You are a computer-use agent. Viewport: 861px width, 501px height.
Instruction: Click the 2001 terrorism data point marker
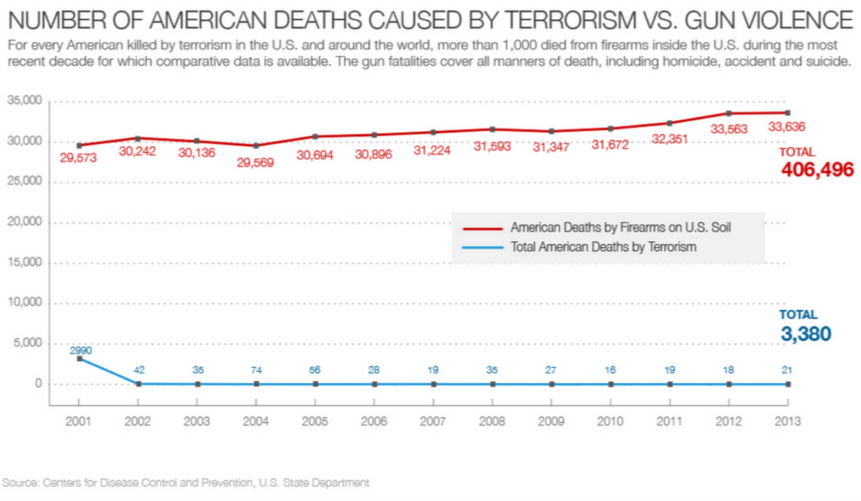pyautogui.click(x=80, y=359)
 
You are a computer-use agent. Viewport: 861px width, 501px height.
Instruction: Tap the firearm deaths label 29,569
pyautogui.click(x=255, y=163)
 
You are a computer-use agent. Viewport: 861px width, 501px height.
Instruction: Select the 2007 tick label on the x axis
pyautogui.click(x=433, y=421)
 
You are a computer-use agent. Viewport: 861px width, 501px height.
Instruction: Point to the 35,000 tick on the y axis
pyautogui.click(x=24, y=100)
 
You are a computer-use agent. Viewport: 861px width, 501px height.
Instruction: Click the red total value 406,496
pyautogui.click(x=817, y=169)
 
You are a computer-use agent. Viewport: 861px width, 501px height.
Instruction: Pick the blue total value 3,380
pyautogui.click(x=805, y=333)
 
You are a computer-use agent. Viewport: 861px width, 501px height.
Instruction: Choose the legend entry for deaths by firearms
pyautogui.click(x=596, y=227)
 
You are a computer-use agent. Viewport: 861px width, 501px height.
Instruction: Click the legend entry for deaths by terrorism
pyautogui.click(x=580, y=247)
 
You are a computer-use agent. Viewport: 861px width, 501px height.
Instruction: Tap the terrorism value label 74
pyautogui.click(x=256, y=370)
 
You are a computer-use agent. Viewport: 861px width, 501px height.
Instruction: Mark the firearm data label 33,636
pyautogui.click(x=786, y=127)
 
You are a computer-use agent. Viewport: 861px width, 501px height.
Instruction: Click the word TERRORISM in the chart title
pyautogui.click(x=570, y=21)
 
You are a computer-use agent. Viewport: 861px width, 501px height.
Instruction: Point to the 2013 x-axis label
pyautogui.click(x=788, y=421)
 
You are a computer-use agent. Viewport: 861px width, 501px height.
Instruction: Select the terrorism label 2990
pyautogui.click(x=81, y=350)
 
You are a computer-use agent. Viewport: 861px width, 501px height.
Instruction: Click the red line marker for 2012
pyautogui.click(x=729, y=114)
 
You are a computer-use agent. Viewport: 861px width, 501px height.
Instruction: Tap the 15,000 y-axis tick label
pyautogui.click(x=24, y=262)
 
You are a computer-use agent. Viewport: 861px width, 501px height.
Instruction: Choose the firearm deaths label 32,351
pyautogui.click(x=669, y=139)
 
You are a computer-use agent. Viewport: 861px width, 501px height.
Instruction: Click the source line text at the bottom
pyautogui.click(x=186, y=483)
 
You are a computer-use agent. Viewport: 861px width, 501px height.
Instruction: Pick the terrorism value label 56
pyautogui.click(x=314, y=370)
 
